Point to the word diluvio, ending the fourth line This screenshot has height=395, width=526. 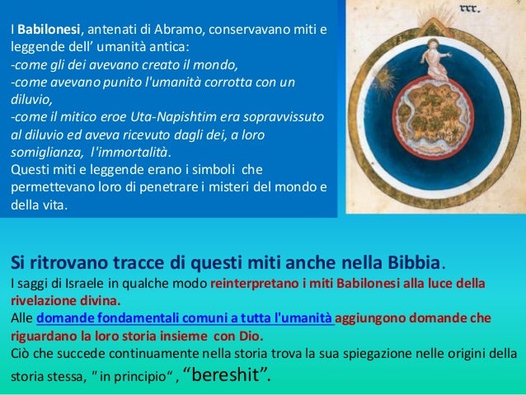[31, 101]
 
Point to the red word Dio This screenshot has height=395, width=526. [251, 336]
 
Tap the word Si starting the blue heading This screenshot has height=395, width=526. [17, 265]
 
